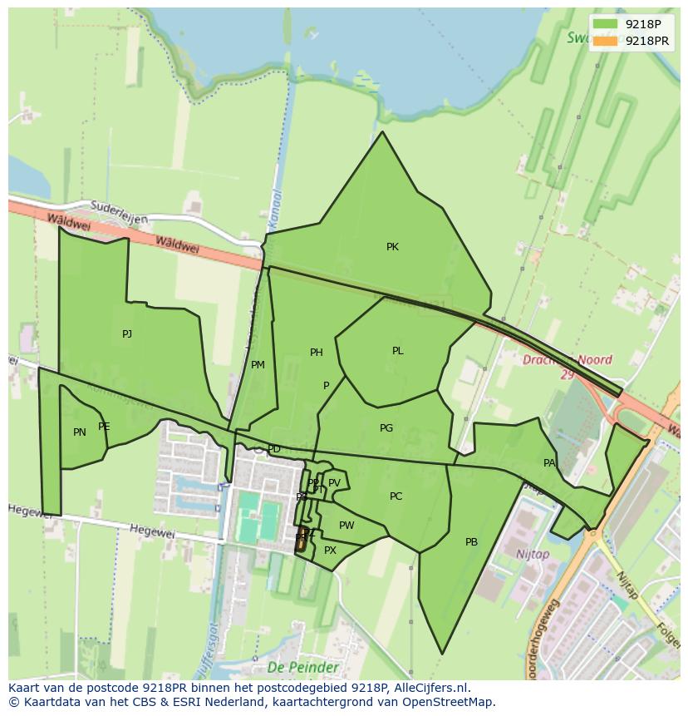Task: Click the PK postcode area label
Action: [x=392, y=247]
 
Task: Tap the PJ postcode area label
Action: [x=127, y=334]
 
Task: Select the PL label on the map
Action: [x=397, y=351]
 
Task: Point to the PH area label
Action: [x=316, y=353]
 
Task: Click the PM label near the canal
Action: [x=258, y=365]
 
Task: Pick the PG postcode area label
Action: [x=386, y=428]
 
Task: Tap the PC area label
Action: [x=396, y=496]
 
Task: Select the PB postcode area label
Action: [x=471, y=542]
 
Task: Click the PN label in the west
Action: [x=80, y=432]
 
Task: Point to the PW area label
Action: [x=346, y=526]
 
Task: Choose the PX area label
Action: [x=330, y=551]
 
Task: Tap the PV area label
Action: [x=334, y=483]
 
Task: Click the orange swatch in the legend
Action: [x=606, y=41]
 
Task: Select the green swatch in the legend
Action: [x=606, y=24]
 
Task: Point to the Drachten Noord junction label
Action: [x=568, y=361]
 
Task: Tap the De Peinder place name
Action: [x=303, y=667]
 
